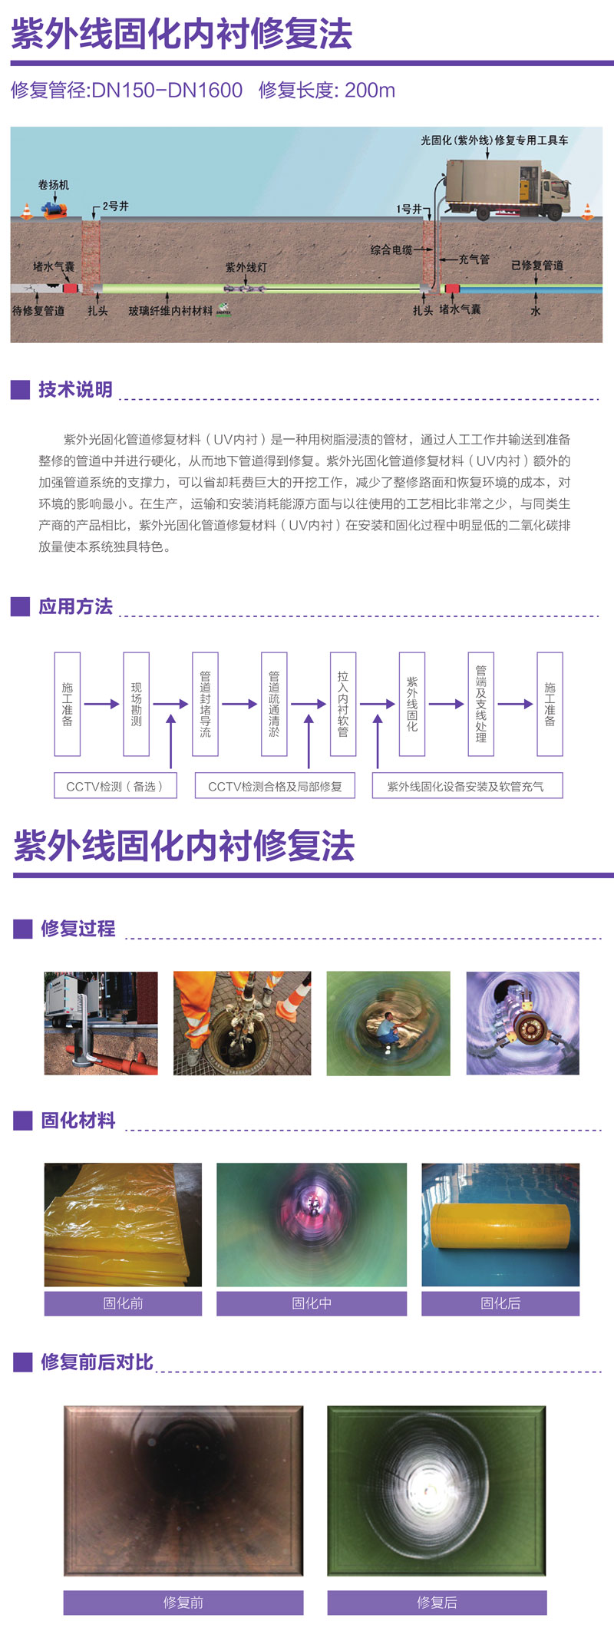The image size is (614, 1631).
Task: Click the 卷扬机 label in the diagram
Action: pyautogui.click(x=53, y=185)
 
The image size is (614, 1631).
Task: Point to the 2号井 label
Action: pyautogui.click(x=116, y=206)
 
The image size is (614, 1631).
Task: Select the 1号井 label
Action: pyautogui.click(x=408, y=209)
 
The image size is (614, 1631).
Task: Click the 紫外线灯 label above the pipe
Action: pyautogui.click(x=246, y=267)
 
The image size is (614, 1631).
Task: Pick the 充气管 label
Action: pyautogui.click(x=474, y=259)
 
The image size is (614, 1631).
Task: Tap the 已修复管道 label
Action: pyautogui.click(x=537, y=265)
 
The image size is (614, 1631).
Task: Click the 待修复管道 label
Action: pyautogui.click(x=38, y=311)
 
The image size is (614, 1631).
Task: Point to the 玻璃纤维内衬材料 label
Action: pyautogui.click(x=170, y=311)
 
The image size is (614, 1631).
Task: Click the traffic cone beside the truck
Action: pyautogui.click(x=588, y=211)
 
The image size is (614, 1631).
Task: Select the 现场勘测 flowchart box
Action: pyautogui.click(x=136, y=704)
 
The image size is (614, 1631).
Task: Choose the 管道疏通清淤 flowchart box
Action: pyautogui.click(x=274, y=704)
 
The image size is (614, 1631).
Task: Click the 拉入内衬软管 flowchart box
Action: pyautogui.click(x=343, y=704)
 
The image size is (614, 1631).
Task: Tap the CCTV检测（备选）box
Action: pyautogui.click(x=115, y=786)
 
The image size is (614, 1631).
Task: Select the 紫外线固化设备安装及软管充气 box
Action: pyautogui.click(x=467, y=786)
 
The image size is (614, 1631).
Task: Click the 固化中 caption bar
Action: pyautogui.click(x=311, y=1303)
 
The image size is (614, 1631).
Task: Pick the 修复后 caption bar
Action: pyautogui.click(x=437, y=1602)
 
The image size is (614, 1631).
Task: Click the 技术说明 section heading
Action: pyautogui.click(x=75, y=390)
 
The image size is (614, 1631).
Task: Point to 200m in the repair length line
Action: pyautogui.click(x=370, y=91)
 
